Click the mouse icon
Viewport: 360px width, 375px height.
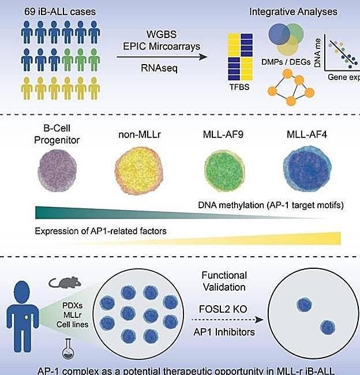coord(62,282)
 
